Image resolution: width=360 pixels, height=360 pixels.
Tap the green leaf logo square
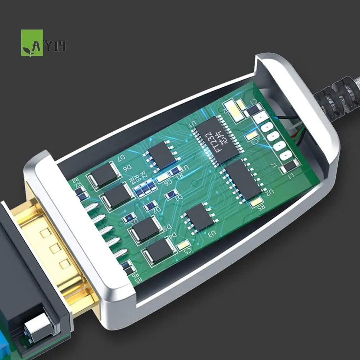coord(32,43)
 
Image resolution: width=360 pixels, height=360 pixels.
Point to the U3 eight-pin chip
coord(198,216)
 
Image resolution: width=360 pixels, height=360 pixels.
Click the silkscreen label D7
coord(121,158)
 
